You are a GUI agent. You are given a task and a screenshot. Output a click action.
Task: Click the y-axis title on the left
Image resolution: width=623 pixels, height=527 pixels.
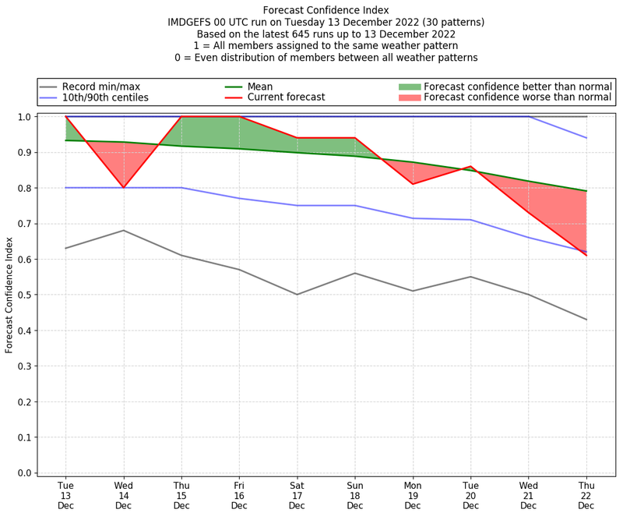10,295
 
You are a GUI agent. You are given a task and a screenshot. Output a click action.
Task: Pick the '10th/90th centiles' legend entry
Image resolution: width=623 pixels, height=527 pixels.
105,97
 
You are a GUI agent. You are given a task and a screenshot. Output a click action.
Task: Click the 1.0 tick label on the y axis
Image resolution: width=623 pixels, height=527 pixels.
25,117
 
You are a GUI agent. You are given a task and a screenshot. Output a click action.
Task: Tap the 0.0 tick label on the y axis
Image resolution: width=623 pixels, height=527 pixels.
25,473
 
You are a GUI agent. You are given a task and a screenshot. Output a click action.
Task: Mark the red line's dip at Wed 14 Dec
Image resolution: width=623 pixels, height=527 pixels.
123,188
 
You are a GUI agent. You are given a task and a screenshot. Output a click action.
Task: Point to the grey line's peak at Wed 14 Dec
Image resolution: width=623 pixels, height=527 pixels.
123,231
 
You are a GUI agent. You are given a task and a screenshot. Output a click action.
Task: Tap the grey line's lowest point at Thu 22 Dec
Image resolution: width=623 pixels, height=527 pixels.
586,320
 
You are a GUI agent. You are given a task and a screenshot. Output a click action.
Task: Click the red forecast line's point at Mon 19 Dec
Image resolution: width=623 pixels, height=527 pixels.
412,184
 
